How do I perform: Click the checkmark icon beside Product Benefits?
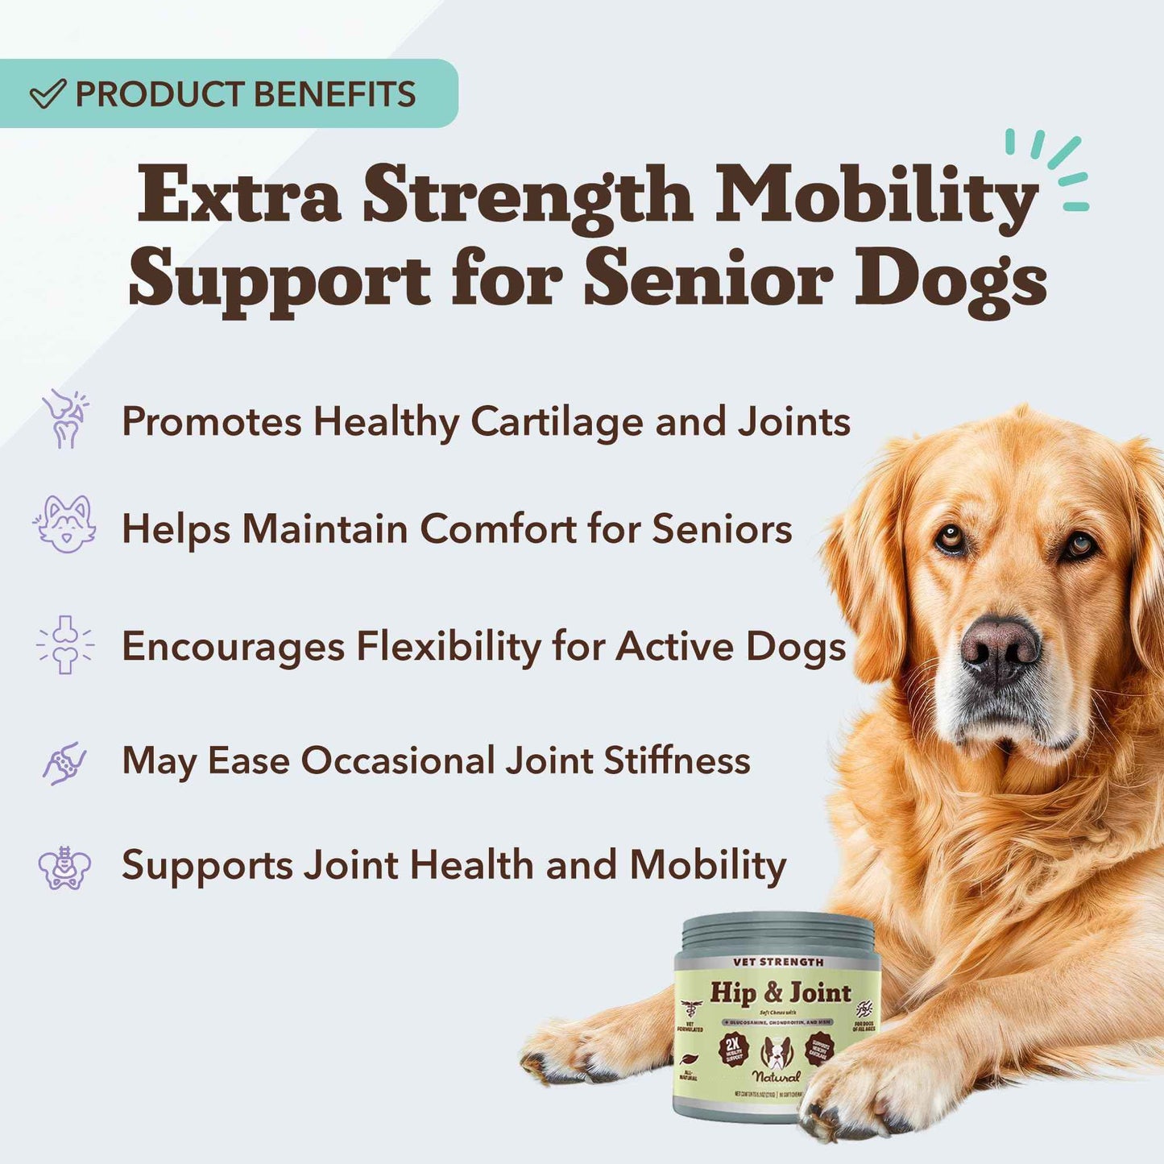(48, 94)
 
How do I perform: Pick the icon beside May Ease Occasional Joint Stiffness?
(64, 762)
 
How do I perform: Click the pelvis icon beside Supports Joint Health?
(64, 868)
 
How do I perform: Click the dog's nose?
(999, 645)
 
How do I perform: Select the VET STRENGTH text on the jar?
(778, 962)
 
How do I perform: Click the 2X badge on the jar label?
(733, 1048)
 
